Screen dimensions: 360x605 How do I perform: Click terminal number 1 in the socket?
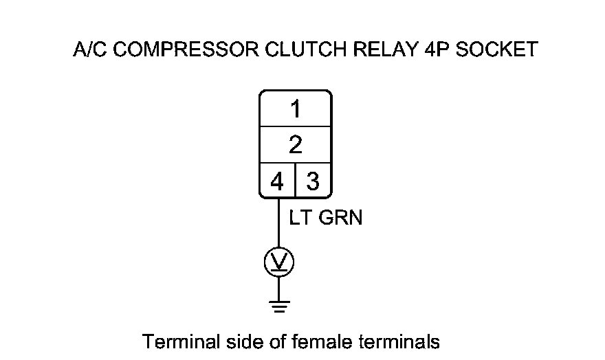(296, 109)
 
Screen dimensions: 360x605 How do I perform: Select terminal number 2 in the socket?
(296, 145)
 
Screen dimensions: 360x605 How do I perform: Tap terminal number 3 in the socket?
(313, 181)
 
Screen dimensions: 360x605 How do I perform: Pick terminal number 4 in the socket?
(277, 181)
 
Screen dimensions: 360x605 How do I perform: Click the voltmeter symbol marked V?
(278, 262)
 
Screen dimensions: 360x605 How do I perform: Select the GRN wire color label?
(340, 218)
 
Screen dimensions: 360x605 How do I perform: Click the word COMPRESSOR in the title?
(178, 51)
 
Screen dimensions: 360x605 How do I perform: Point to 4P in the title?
(431, 51)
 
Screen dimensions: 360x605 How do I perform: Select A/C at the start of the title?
(89, 51)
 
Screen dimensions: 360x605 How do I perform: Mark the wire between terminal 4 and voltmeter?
(278, 223)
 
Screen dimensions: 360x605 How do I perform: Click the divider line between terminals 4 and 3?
(295, 181)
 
